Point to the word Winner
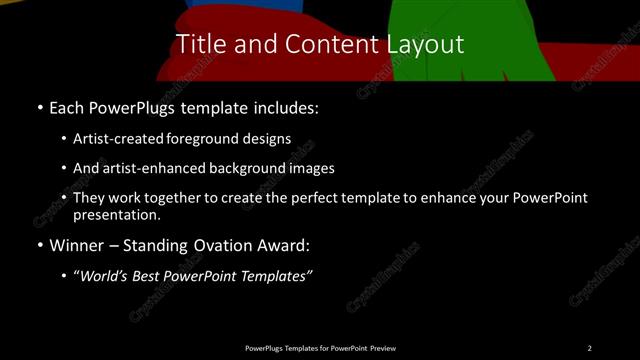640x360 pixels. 76,244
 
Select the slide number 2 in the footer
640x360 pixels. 590,347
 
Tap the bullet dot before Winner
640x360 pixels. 39,245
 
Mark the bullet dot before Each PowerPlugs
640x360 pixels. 39,107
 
